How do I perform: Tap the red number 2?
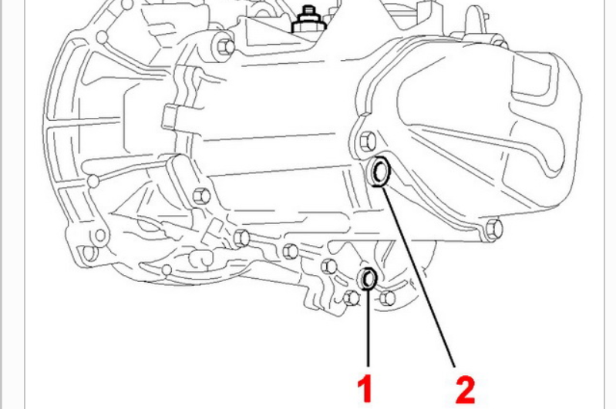(465, 390)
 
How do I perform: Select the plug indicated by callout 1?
(368, 278)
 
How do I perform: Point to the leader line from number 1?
(368, 328)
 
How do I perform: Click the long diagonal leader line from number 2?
(419, 277)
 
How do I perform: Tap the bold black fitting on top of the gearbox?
(310, 19)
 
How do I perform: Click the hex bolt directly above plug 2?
(366, 140)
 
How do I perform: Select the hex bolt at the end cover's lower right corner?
(493, 229)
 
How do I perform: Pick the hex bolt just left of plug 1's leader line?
(351, 298)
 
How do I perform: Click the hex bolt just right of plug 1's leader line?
(387, 298)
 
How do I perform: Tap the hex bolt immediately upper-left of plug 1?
(328, 267)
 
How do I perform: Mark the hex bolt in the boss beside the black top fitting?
(225, 46)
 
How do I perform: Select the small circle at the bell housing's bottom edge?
(167, 270)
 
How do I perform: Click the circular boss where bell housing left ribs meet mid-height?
(93, 181)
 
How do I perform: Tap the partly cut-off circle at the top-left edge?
(126, 5)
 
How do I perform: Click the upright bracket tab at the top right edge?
(476, 20)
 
